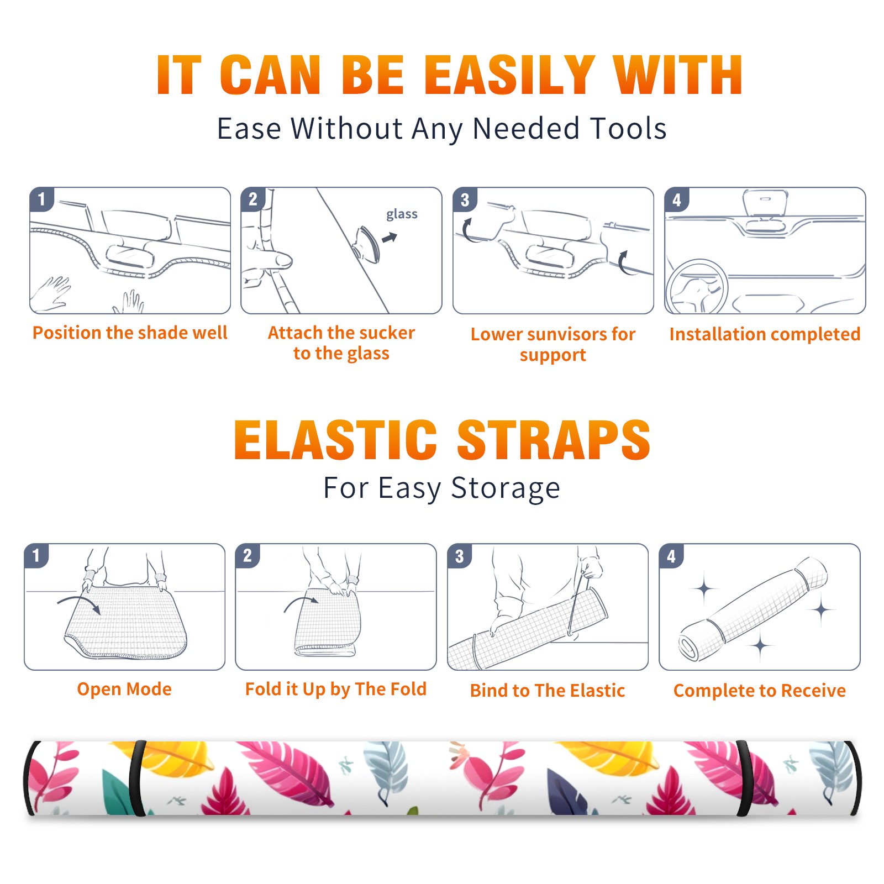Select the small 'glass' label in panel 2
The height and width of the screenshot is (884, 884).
(402, 214)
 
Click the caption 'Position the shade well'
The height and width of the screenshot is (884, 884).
(130, 333)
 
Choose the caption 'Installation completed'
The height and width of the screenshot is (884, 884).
(765, 334)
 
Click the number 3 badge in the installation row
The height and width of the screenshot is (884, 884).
(464, 199)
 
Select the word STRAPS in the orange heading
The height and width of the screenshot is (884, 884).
(554, 440)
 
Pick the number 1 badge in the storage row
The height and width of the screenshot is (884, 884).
(36, 555)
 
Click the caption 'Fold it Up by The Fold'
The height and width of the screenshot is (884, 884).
(336, 689)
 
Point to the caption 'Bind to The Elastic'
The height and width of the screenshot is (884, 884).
(548, 691)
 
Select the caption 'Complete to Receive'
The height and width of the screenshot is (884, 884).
(760, 691)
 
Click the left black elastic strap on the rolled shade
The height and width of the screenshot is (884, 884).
(136, 778)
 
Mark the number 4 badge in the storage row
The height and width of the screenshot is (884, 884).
(671, 555)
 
